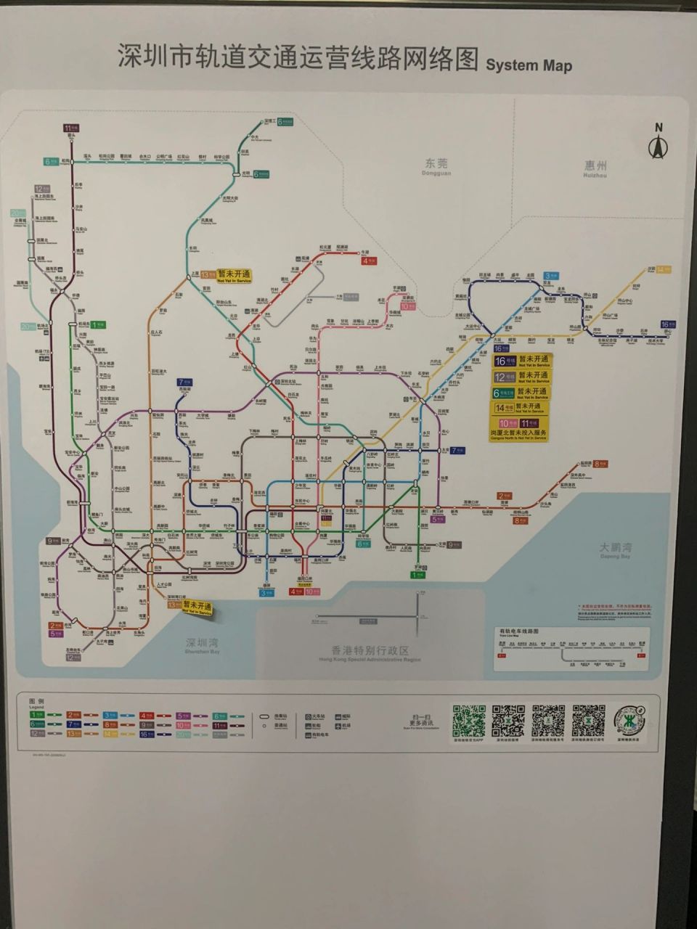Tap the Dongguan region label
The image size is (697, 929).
[x=437, y=166]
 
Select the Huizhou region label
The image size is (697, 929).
[x=595, y=168]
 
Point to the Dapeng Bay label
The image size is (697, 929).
[x=615, y=549]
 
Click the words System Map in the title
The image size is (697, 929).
[x=529, y=65]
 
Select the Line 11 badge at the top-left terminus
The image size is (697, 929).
[x=71, y=128]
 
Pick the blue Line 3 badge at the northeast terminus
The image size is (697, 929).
[x=551, y=276]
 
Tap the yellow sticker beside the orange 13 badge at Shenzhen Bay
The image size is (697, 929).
[x=197, y=607]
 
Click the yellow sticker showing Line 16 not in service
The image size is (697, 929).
[x=531, y=361]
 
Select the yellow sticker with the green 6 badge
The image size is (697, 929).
[x=531, y=393]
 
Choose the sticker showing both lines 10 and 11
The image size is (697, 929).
[x=518, y=427]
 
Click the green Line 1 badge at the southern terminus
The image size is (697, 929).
[x=418, y=575]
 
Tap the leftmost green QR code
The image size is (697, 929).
[x=468, y=720]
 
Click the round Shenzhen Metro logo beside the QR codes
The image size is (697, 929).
[x=629, y=720]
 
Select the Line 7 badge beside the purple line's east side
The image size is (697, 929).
[x=457, y=450]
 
